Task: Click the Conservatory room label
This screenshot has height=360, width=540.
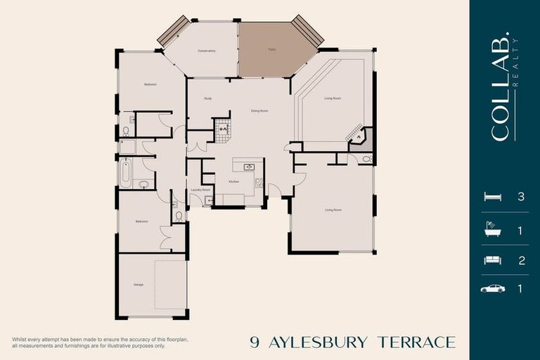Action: coord(206,51)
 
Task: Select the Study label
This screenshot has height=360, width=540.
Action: coord(207,98)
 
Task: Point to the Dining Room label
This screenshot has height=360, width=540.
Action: coord(260,110)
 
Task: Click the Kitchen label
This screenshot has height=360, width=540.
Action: coord(233,181)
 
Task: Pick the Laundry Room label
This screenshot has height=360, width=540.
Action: coord(201,189)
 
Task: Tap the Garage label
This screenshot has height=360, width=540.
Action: coord(139,285)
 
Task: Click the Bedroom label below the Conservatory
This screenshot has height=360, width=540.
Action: coord(150,84)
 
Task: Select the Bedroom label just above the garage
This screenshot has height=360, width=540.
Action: coord(143,221)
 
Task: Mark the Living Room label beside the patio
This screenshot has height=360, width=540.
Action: coord(333,98)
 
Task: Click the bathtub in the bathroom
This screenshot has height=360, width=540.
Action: coord(126,172)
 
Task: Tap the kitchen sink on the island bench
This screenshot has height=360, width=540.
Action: coord(249,167)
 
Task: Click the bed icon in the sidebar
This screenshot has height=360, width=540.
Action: coord(492,197)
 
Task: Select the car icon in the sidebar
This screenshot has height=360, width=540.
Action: coord(492,288)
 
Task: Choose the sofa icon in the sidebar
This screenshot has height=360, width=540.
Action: coord(492,260)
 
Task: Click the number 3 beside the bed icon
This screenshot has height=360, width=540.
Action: coord(521,197)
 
